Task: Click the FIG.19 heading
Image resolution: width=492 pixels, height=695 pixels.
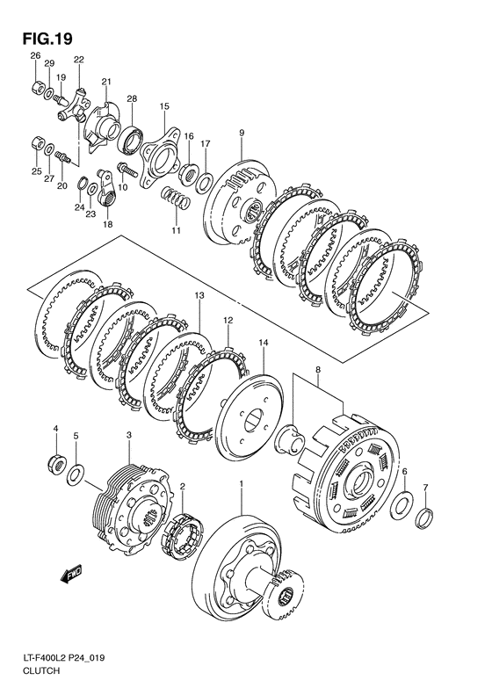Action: pyautogui.click(x=47, y=39)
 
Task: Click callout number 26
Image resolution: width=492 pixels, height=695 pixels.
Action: pyautogui.click(x=35, y=55)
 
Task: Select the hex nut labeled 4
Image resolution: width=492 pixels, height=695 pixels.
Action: pyautogui.click(x=56, y=463)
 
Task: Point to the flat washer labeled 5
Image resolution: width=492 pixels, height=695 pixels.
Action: pyautogui.click(x=76, y=474)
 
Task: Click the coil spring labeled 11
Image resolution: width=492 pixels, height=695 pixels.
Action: pyautogui.click(x=176, y=197)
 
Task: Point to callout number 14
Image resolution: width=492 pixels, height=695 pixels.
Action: pyautogui.click(x=264, y=342)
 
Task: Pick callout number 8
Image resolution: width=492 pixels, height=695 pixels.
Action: pyautogui.click(x=317, y=369)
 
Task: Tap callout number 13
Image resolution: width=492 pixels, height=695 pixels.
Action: pyautogui.click(x=199, y=294)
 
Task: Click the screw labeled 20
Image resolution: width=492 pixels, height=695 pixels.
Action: pyautogui.click(x=63, y=156)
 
